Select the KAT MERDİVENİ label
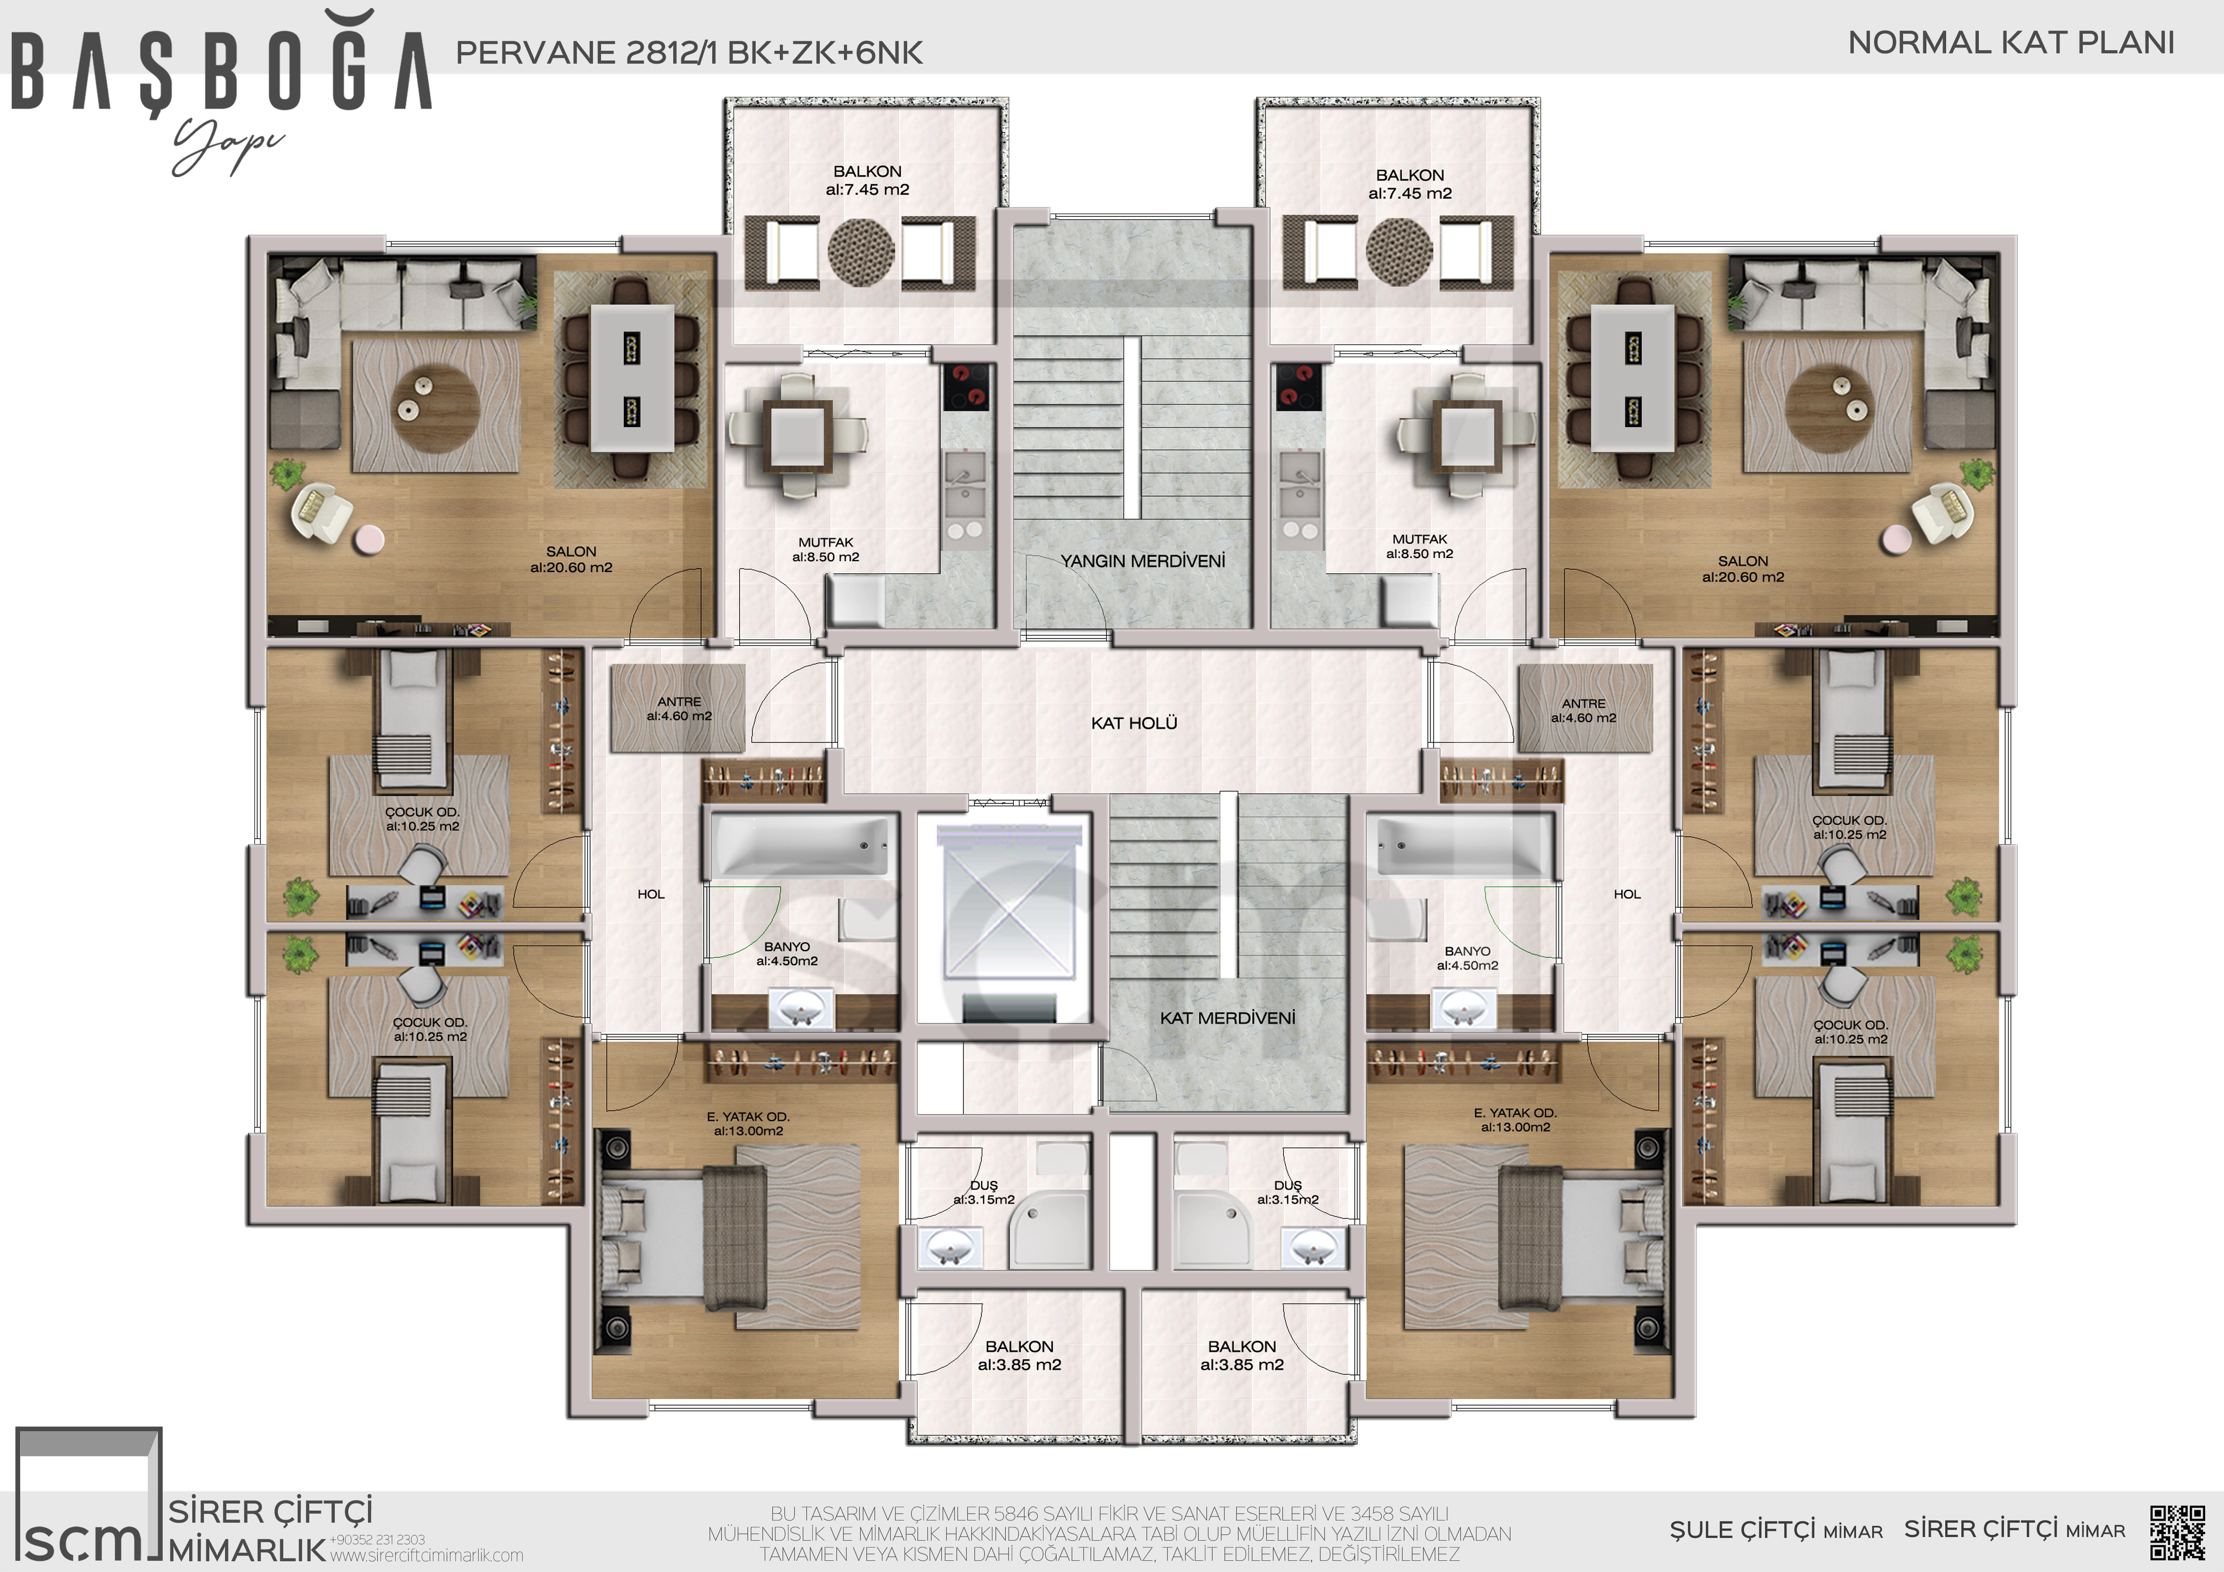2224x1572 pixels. (1227, 1018)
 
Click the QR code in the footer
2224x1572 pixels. (2177, 1531)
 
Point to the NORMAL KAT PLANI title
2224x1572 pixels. (2011, 43)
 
